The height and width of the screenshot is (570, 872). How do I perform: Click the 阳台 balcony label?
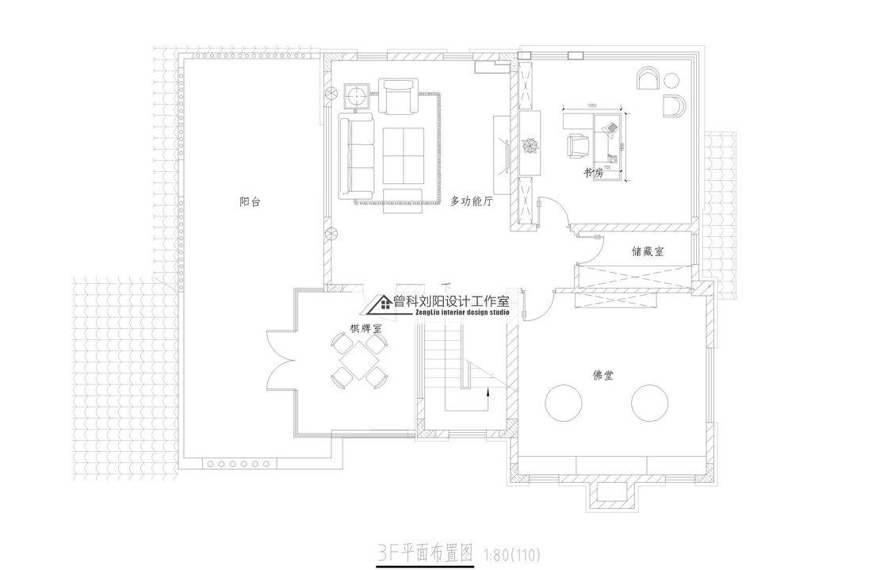tap(250, 202)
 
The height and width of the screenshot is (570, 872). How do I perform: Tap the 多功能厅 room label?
tap(472, 202)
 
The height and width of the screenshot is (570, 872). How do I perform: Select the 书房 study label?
tap(595, 171)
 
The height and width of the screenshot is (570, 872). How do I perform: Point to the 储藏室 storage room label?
tap(648, 251)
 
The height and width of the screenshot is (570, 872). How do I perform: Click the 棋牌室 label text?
tap(366, 327)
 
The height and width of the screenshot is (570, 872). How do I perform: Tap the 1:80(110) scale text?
tap(511, 552)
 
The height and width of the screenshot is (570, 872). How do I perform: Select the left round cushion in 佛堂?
tap(568, 404)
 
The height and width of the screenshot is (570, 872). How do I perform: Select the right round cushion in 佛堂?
tap(652, 404)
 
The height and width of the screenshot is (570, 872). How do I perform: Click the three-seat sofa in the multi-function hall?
tap(355, 156)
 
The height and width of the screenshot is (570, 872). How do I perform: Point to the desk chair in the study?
tap(578, 144)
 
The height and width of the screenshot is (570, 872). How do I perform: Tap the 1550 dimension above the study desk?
tap(591, 106)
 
